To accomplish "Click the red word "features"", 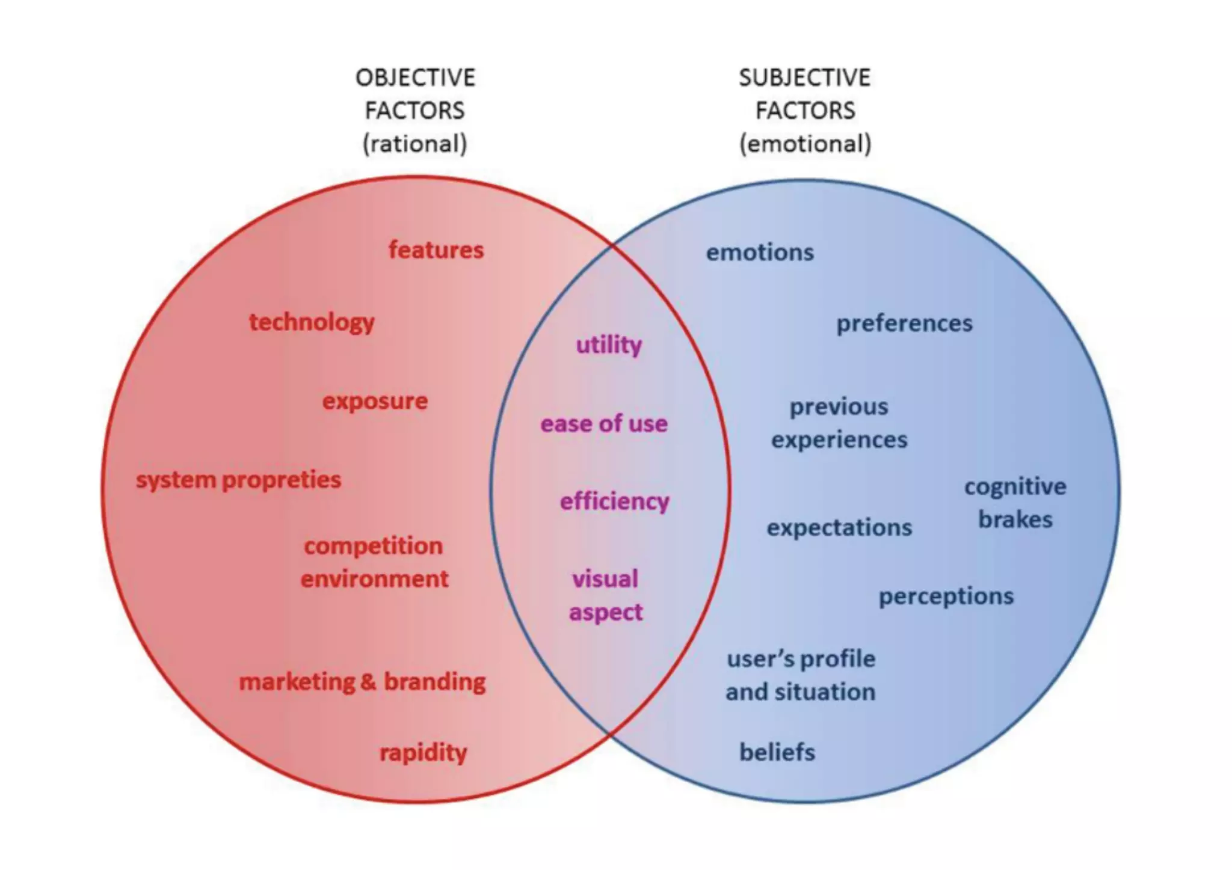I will [436, 250].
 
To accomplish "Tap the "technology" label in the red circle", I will [312, 322].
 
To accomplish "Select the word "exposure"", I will [375, 401].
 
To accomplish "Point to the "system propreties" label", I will [238, 480].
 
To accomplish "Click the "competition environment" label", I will [374, 562].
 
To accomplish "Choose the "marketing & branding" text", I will [362, 682].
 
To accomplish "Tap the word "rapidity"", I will [423, 752].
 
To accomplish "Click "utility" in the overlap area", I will [609, 345].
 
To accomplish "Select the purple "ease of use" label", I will [604, 424].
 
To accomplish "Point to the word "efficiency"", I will [614, 501].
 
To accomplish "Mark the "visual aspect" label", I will [605, 595].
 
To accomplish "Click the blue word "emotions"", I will [760, 253].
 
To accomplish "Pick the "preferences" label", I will [904, 323].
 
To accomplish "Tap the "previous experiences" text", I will [839, 423].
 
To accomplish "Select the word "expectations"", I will [839, 528].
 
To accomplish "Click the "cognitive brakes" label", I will [1015, 503].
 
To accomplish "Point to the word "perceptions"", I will [946, 596].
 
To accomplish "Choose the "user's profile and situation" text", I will [801, 675].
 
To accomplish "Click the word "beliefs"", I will [777, 752].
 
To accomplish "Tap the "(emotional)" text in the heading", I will [805, 144].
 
